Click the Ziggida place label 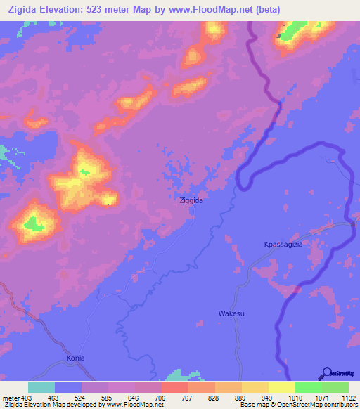(x=191, y=200)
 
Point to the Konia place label (x=75, y=358)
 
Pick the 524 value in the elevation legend (x=82, y=396)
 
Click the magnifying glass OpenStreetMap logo (x=326, y=374)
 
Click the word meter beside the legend (x=10, y=396)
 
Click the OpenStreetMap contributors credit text (x=317, y=405)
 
